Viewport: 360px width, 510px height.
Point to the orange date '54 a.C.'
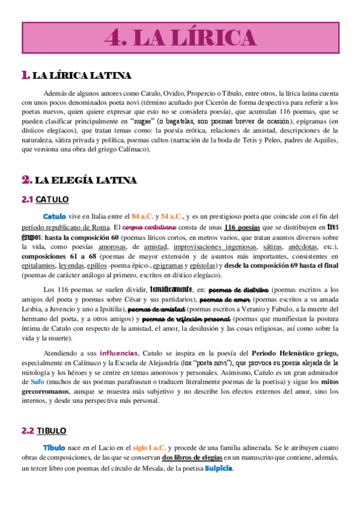pos(172,217)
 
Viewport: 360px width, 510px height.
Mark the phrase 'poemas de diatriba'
pos(243,289)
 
